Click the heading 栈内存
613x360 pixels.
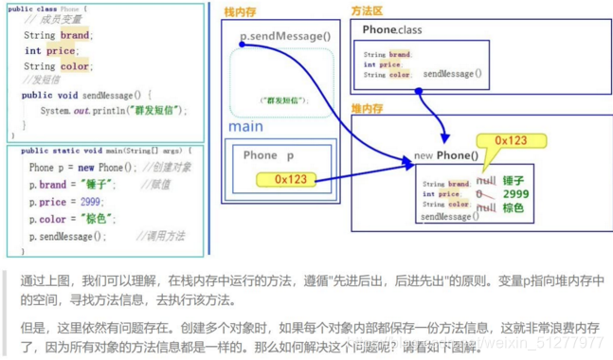(x=242, y=11)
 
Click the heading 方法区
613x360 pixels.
(x=367, y=11)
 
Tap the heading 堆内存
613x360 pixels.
(x=368, y=109)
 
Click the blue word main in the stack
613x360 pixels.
(x=246, y=126)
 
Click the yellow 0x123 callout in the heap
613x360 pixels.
(x=511, y=140)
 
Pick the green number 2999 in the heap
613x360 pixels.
(x=516, y=193)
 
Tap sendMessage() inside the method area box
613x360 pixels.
(x=452, y=73)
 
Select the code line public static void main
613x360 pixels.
(x=104, y=151)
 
